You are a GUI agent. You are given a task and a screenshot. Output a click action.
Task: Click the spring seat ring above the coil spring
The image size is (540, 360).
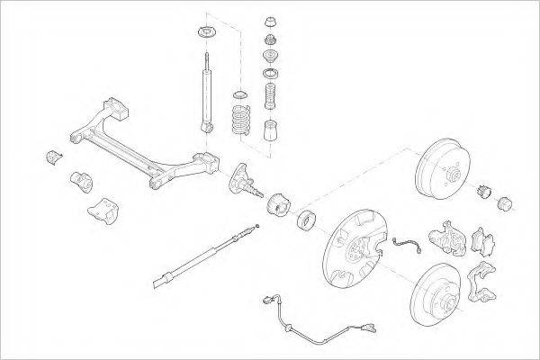[240, 95]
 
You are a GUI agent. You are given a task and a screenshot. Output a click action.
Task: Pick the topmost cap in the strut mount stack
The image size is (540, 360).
[270, 20]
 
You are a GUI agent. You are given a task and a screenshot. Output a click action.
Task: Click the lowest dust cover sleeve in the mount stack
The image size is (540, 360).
[270, 132]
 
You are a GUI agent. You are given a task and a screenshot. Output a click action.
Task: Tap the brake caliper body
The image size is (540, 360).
[446, 235]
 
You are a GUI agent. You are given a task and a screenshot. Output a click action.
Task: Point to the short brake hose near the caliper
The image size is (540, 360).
[407, 244]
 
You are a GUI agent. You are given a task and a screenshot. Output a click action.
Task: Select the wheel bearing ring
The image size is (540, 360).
[306, 219]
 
